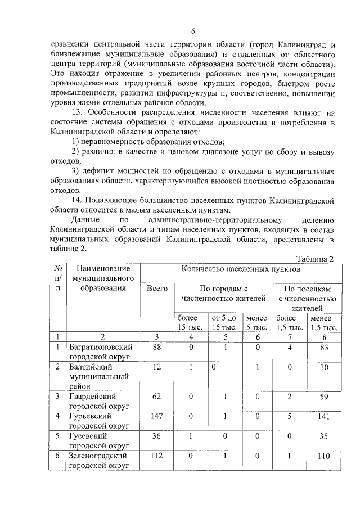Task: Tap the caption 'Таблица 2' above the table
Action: tap(315, 259)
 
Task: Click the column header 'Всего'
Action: tap(157, 289)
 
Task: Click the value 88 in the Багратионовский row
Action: tap(157, 348)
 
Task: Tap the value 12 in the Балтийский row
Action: tap(157, 367)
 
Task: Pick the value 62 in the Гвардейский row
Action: tap(157, 397)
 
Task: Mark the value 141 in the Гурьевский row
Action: tap(323, 416)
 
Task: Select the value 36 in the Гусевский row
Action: tap(157, 436)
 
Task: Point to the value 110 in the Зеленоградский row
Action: tap(323, 456)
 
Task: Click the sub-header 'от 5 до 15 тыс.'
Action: tap(224, 323)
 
